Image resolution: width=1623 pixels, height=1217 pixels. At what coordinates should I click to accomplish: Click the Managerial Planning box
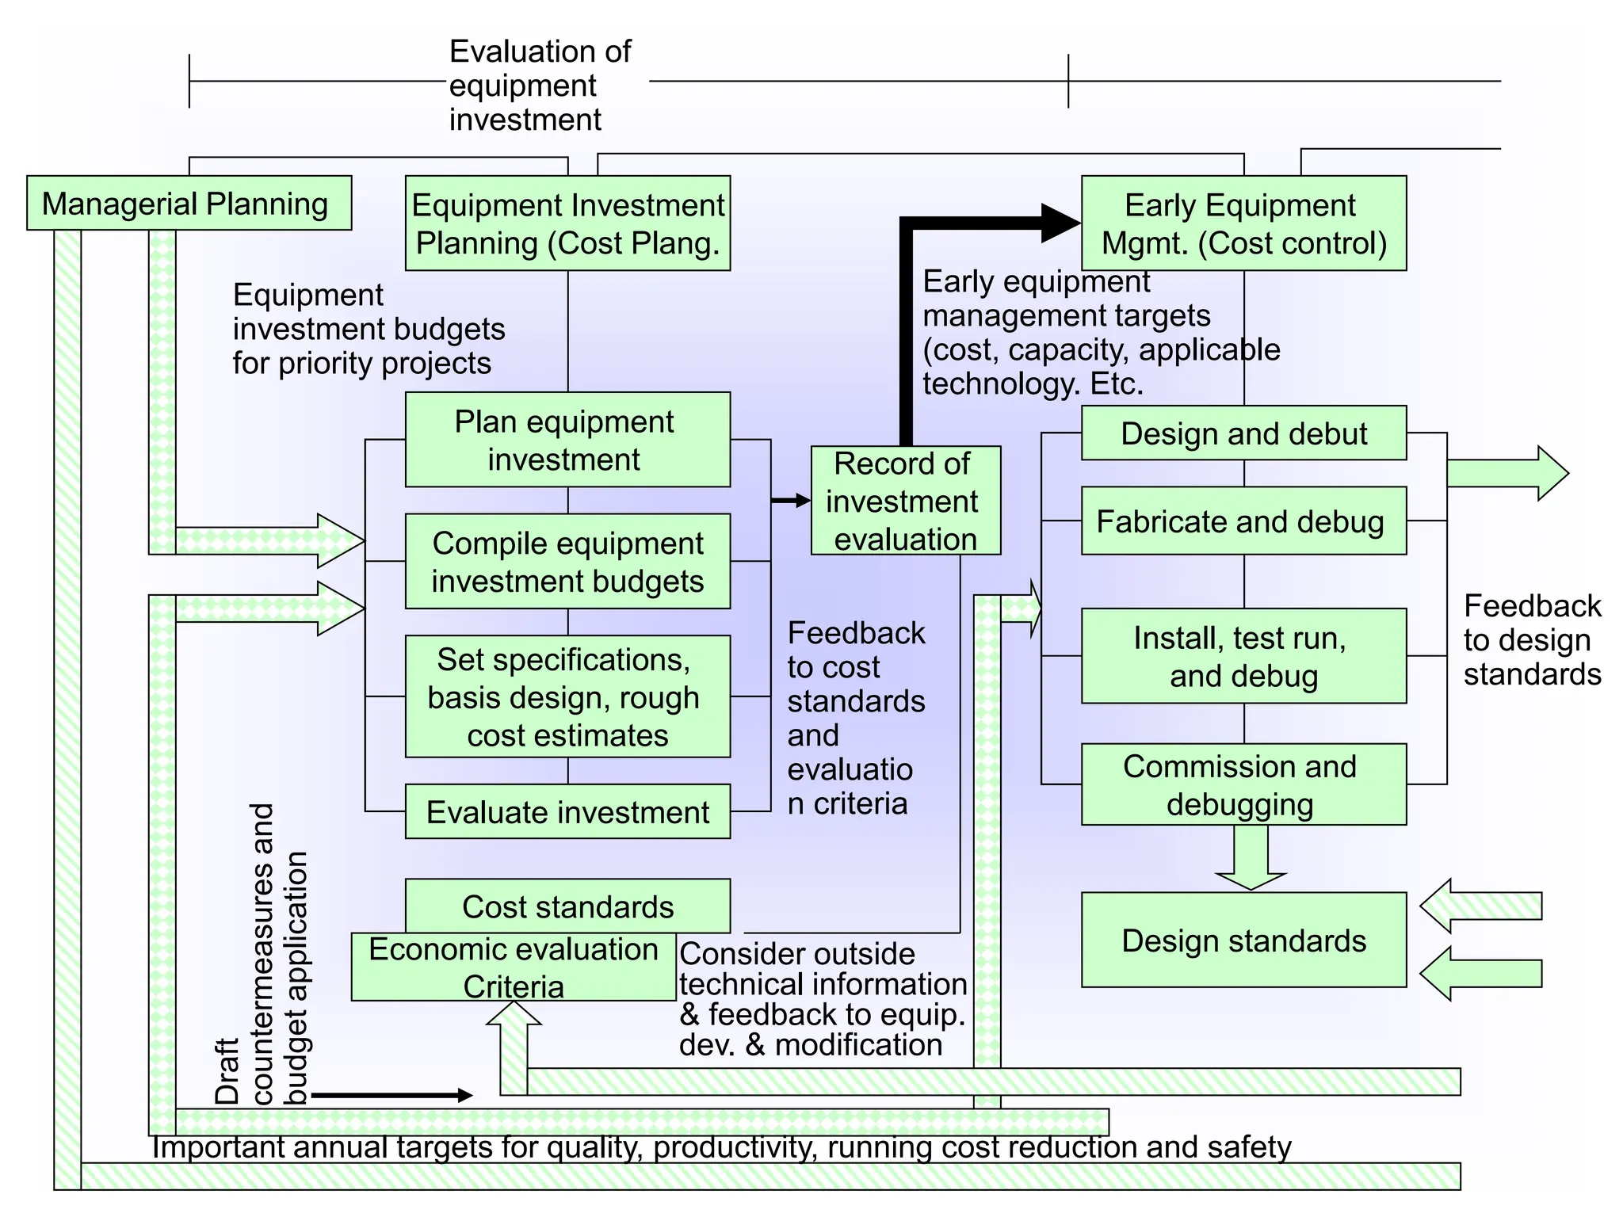[189, 204]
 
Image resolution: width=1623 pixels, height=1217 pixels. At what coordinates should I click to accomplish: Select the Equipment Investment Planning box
[567, 223]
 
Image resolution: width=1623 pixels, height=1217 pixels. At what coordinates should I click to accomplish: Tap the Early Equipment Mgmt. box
[1243, 223]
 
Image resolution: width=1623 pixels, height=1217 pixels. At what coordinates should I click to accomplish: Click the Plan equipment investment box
[567, 440]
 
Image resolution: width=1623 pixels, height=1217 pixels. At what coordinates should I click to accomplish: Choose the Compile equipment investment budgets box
[567, 562]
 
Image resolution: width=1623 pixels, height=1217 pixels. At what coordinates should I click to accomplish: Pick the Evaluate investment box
[567, 812]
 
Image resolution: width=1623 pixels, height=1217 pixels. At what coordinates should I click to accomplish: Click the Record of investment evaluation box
[905, 501]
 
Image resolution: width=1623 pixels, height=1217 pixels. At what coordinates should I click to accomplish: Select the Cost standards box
[567, 906]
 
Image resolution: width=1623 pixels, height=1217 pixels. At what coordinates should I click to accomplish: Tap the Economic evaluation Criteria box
[514, 967]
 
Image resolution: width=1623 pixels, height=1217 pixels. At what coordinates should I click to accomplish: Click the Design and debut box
[1243, 433]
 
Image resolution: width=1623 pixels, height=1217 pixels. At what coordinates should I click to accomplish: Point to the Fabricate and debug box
[1243, 521]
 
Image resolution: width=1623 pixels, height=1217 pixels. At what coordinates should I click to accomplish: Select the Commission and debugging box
[1243, 784]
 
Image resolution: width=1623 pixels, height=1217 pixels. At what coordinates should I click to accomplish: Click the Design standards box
[1243, 940]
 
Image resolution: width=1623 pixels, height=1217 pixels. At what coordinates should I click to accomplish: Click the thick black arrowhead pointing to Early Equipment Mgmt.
[1060, 223]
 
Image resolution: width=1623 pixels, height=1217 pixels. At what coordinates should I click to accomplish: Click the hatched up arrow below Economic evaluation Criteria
[514, 1038]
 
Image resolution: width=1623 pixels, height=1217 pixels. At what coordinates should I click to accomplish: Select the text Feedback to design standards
[1531, 640]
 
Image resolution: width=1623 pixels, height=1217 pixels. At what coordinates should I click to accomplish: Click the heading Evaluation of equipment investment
[539, 86]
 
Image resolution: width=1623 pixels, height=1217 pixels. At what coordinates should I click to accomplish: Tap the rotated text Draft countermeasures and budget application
[262, 955]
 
